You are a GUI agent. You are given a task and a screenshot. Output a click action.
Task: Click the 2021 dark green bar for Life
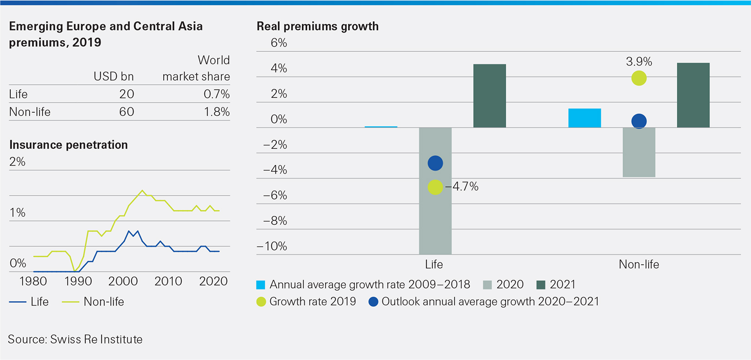tap(489, 96)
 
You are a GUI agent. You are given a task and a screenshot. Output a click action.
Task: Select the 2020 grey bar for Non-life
tap(639, 152)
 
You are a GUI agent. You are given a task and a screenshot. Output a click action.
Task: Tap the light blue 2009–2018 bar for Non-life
tap(584, 118)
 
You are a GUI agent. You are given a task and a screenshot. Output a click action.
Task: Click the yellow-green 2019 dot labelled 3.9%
tap(639, 78)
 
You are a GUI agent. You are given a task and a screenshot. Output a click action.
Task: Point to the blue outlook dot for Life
tap(435, 163)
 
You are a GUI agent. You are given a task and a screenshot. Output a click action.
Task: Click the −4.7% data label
tap(462, 187)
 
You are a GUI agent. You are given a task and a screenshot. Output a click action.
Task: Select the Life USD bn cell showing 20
tap(126, 94)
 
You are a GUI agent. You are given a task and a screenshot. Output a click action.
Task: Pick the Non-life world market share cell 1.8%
tap(216, 112)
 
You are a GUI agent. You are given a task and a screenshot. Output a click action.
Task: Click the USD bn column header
tap(113, 76)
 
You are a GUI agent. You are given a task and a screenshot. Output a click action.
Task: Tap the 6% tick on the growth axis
tap(279, 43)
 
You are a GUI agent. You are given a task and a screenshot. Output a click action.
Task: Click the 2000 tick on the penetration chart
tap(123, 281)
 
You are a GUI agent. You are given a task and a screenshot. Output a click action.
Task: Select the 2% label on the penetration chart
tap(17, 162)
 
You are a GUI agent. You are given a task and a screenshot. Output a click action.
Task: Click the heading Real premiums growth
tap(318, 26)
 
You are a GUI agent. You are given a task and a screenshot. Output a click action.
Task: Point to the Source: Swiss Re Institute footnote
tap(75, 339)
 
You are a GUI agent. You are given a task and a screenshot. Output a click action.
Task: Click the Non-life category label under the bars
tap(638, 265)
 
